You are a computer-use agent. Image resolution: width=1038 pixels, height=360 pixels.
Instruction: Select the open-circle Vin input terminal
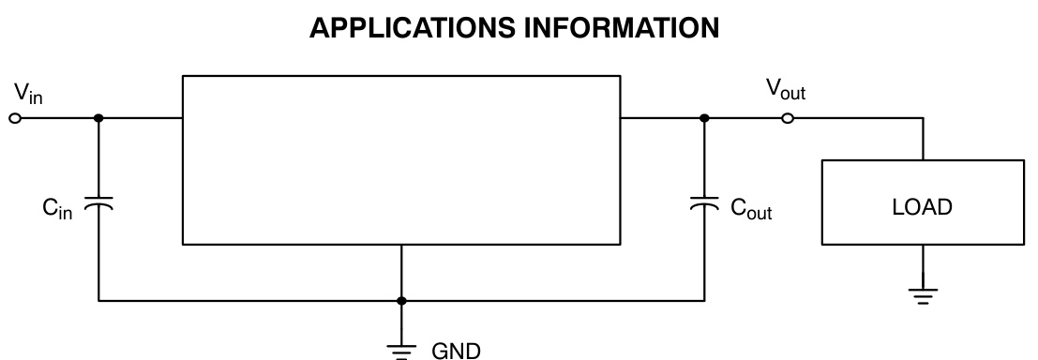(x=15, y=119)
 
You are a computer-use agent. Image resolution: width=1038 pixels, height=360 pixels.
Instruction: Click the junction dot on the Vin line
(x=98, y=119)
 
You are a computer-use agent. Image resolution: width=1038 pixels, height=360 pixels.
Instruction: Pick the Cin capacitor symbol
(x=98, y=203)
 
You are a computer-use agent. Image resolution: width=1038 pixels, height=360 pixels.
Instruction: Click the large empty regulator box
(x=400, y=159)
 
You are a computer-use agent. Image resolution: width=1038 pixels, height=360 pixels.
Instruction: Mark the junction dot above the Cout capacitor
(x=704, y=119)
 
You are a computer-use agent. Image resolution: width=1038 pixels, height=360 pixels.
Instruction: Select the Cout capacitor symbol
(x=704, y=203)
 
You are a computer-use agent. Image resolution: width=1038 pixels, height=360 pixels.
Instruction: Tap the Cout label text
(x=751, y=208)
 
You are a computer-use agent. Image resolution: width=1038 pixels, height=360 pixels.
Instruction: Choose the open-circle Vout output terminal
(x=788, y=119)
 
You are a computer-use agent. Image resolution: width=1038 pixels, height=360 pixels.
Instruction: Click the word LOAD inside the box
(x=922, y=208)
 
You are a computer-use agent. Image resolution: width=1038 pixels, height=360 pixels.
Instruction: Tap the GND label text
(x=455, y=351)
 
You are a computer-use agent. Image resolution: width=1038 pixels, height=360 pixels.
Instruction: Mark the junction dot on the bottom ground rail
(x=401, y=301)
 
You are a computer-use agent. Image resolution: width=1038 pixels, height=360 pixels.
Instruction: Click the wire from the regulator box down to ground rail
(x=401, y=272)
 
